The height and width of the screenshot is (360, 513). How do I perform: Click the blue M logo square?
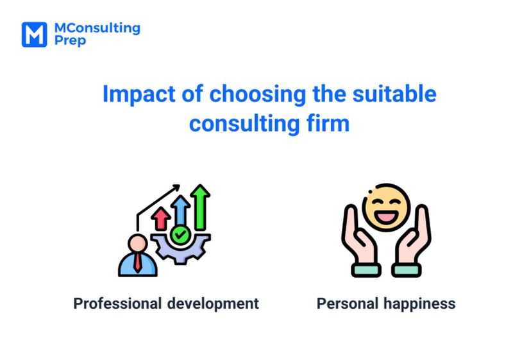pos(35,35)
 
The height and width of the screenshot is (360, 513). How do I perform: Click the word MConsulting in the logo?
pos(97,28)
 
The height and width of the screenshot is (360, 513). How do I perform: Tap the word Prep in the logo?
pos(70,41)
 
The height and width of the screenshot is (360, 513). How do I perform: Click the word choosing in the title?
pos(258,94)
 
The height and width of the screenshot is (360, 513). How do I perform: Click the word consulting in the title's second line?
pos(244,124)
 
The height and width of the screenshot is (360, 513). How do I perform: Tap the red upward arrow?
pos(161,218)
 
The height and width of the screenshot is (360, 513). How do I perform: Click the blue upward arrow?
pos(180,210)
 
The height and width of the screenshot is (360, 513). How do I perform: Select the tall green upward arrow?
pos(200,207)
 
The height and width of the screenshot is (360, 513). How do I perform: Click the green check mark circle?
pos(180,234)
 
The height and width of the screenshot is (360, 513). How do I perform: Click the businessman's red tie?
pos(138,262)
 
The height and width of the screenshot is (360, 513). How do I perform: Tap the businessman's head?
pos(137,243)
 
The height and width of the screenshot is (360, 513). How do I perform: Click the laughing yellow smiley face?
pos(386,207)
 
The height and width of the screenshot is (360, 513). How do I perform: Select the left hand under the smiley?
pos(360,241)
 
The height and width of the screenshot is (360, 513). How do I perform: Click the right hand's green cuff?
pos(407,270)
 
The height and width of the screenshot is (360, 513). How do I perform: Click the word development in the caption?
pos(213,304)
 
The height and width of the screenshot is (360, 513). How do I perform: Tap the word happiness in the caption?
pos(419,304)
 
